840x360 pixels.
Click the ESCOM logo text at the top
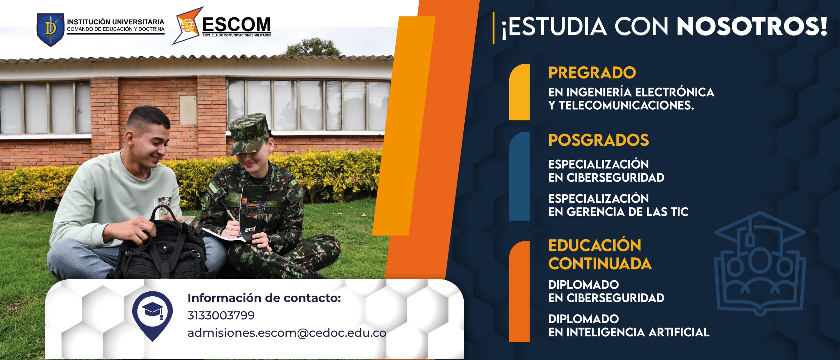(237, 24)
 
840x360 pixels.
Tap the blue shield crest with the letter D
(50, 30)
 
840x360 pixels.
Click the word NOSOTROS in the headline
(752, 26)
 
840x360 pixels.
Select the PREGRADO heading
(592, 73)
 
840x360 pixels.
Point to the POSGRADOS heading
(598, 140)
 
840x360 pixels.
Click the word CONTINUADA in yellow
(600, 264)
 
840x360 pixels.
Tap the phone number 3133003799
(221, 315)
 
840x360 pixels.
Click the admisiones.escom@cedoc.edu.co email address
(287, 333)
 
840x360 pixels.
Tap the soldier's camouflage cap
(248, 134)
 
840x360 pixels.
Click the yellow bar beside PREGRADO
(519, 92)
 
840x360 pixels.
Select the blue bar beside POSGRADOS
(519, 176)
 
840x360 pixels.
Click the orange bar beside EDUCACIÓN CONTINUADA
(519, 292)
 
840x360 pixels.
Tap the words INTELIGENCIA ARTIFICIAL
(638, 332)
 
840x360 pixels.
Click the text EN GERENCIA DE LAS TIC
(618, 212)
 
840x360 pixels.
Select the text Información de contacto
(264, 298)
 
